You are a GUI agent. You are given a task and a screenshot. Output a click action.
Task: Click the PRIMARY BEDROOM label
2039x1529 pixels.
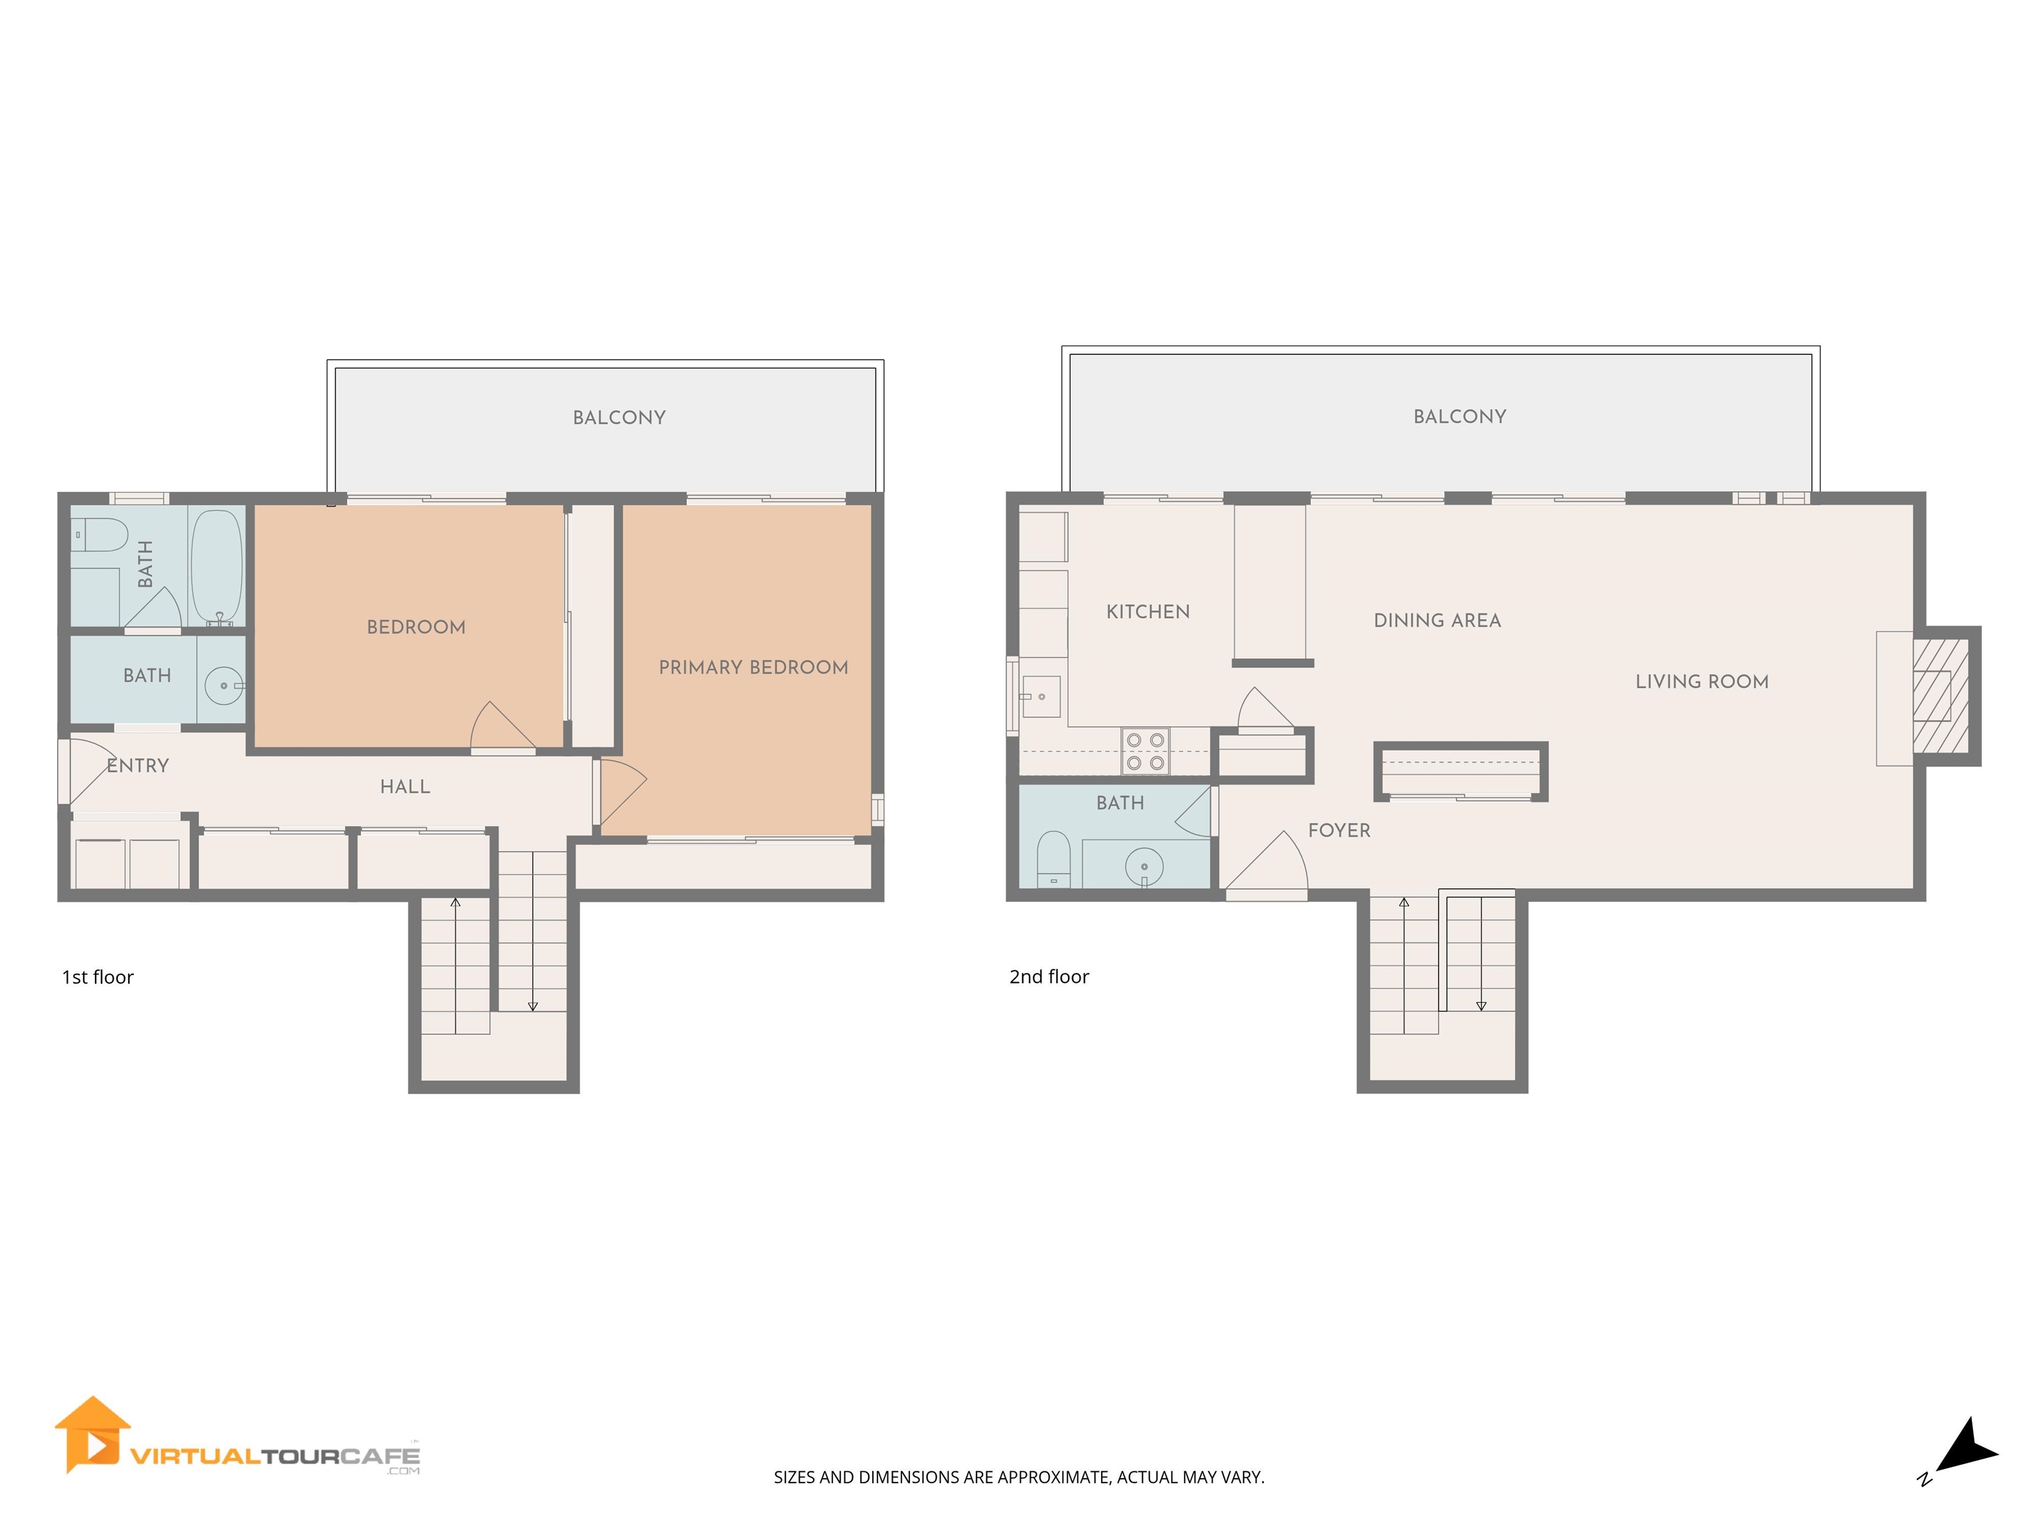[753, 667]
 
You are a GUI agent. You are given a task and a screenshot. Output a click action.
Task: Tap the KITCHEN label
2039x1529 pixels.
[1148, 612]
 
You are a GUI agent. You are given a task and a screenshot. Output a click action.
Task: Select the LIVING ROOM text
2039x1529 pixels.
[1702, 682]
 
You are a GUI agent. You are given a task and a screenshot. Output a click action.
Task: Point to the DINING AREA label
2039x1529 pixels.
[1437, 621]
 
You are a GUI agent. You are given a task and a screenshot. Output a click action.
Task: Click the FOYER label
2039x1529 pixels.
[1339, 830]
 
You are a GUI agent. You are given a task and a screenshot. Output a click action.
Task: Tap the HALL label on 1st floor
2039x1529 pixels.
[405, 787]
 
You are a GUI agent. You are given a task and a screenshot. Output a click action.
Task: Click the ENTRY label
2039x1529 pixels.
[137, 766]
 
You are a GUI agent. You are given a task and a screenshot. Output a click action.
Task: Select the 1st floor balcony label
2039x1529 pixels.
[619, 417]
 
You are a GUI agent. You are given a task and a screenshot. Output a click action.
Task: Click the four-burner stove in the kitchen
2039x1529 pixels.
[1145, 751]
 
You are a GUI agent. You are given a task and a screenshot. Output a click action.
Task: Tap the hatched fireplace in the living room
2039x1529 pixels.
[1939, 696]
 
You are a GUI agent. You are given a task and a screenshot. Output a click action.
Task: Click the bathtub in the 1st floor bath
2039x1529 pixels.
[216, 567]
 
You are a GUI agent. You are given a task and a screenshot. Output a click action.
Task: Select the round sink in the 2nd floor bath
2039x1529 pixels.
[1144, 866]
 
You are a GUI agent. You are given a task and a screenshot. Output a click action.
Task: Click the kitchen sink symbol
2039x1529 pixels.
[1041, 697]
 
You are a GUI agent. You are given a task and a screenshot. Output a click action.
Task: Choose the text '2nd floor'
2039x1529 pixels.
[1049, 977]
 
